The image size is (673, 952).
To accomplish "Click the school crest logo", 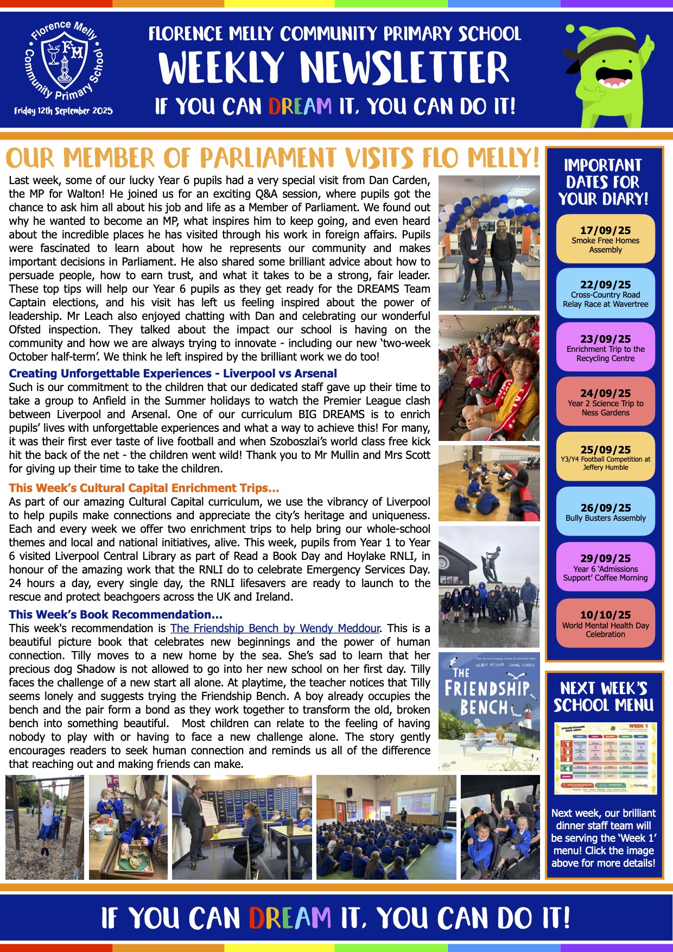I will (x=64, y=61).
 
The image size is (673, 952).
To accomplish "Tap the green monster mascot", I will (x=608, y=75).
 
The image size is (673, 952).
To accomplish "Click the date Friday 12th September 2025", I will (x=64, y=111).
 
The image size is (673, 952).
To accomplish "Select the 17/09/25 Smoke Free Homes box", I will (x=605, y=239).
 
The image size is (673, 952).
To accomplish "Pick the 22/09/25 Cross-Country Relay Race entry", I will (x=605, y=293).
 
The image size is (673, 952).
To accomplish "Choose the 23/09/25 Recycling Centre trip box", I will (x=605, y=348).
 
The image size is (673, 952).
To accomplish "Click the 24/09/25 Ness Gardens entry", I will (x=605, y=402).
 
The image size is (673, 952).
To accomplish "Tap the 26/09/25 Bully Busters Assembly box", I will (x=605, y=512).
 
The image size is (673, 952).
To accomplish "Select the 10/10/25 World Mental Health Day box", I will (x=605, y=623).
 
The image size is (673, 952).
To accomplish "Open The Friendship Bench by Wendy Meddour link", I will (x=275, y=628).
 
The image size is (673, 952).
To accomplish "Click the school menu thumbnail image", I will (x=605, y=759).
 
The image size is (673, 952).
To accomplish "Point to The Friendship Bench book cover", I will (x=489, y=711).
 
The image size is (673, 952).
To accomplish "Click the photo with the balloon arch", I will (x=489, y=243).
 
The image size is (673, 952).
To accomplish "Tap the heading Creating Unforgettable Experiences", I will (x=173, y=374).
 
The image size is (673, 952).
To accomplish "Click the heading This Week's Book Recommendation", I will (x=116, y=615).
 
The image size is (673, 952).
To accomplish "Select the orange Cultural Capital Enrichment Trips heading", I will (x=144, y=488).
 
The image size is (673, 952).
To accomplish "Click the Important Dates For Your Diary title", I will (x=604, y=182).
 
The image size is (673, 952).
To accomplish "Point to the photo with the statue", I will (x=489, y=587).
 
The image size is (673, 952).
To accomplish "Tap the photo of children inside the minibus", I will (x=500, y=827).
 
